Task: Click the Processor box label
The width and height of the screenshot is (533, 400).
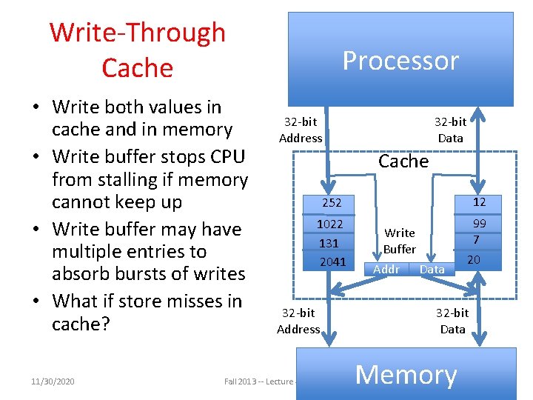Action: coord(400,61)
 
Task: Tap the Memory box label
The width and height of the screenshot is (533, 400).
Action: coord(406,375)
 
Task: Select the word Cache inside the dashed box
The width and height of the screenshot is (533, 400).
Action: coord(403,161)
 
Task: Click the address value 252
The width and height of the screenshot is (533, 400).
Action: coord(330,203)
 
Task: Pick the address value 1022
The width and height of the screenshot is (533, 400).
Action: coord(330,224)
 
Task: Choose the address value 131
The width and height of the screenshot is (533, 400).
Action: coord(329,243)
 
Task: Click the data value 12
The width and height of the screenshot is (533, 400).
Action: coord(479,201)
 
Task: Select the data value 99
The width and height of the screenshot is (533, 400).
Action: coord(479,224)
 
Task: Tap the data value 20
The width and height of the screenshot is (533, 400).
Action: coord(474,259)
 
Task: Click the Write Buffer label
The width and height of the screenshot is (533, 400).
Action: coord(400,241)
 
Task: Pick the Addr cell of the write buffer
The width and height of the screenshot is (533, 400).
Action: coord(386,270)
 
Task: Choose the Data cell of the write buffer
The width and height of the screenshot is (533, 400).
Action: coord(432,270)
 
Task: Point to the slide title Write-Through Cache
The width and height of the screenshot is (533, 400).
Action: coord(138,50)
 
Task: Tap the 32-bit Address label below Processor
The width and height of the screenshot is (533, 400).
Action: coord(301,130)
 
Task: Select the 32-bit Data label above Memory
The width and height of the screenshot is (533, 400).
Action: coord(452,321)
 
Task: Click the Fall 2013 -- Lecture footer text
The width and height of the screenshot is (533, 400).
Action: coord(260,381)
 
